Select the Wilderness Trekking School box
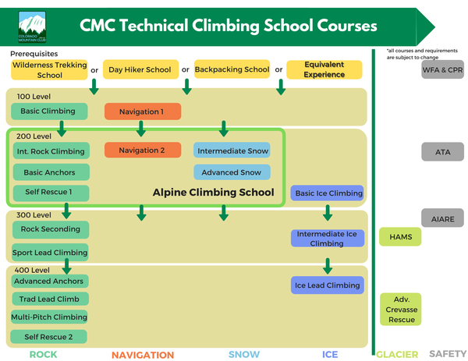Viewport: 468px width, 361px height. pos(49,70)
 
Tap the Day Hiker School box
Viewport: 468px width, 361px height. pos(140,70)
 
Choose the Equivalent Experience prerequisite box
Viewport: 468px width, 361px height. pos(324,70)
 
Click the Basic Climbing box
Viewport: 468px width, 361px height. pos(49,111)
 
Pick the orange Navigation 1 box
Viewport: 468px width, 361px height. pos(141,111)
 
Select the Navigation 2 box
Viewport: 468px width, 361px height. pos(141,150)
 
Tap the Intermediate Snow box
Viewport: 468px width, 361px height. pos(232,150)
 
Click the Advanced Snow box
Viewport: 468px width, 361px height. pos(232,172)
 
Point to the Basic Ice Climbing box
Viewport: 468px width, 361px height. pos(328,193)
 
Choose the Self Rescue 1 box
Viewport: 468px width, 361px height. pos(49,193)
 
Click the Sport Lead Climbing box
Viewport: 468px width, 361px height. pos(49,252)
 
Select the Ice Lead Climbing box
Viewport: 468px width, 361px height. pos(328,285)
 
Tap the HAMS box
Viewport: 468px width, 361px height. pos(400,235)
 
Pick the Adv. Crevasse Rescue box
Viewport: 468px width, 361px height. pos(401,310)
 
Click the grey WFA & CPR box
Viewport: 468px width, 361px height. pos(442,69)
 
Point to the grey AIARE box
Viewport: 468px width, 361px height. pos(442,219)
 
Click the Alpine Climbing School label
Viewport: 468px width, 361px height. pos(213,193)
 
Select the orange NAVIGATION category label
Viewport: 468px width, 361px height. pos(143,355)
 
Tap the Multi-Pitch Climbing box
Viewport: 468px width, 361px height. pos(49,317)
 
